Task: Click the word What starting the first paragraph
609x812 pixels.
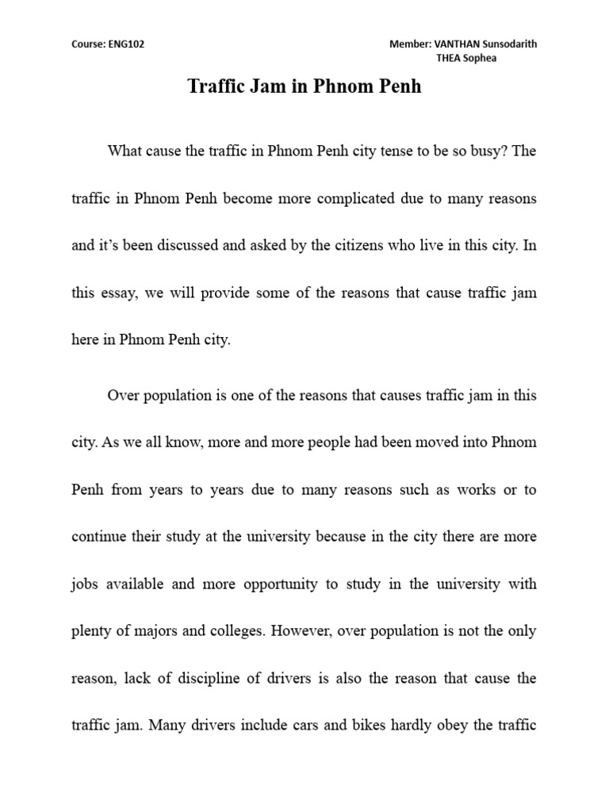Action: point(126,151)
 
